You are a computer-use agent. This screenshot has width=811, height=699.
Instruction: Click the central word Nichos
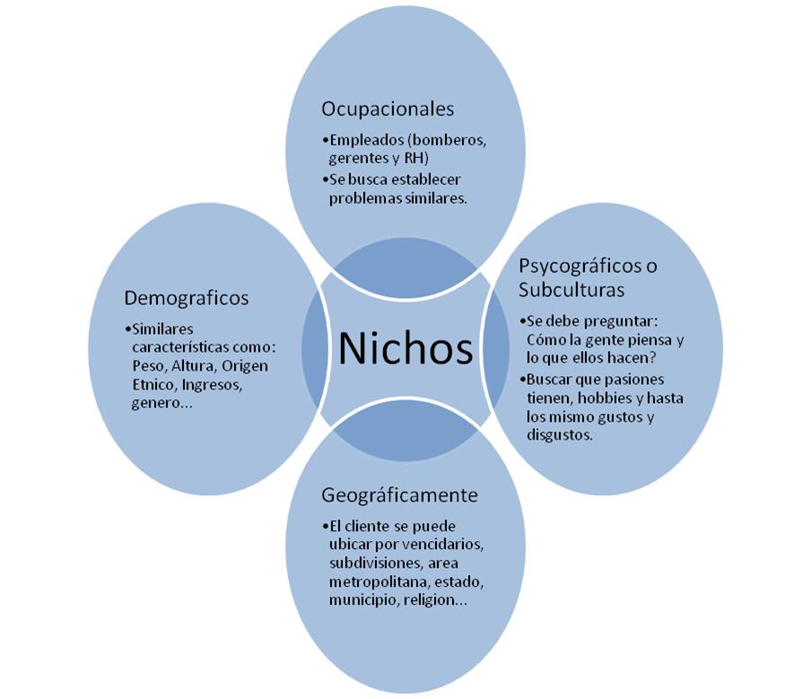405,348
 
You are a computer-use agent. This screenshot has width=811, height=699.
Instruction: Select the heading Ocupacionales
388,109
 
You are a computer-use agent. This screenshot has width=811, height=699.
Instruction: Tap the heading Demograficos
187,297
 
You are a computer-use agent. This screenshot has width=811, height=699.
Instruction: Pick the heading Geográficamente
399,495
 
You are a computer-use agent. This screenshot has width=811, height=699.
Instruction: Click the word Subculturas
570,289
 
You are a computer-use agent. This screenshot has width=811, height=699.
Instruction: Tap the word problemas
363,198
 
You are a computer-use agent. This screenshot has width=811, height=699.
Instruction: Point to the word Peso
147,366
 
